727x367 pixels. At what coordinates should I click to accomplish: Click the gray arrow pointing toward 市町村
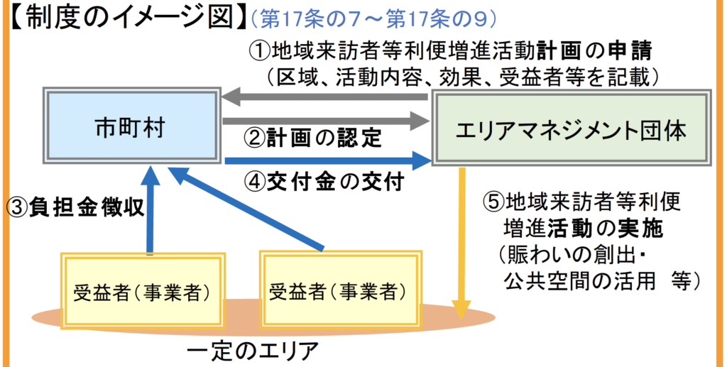click(x=327, y=98)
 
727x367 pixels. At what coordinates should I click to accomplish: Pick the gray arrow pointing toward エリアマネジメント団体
click(x=327, y=121)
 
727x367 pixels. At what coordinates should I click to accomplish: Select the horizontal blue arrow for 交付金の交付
click(x=327, y=161)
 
